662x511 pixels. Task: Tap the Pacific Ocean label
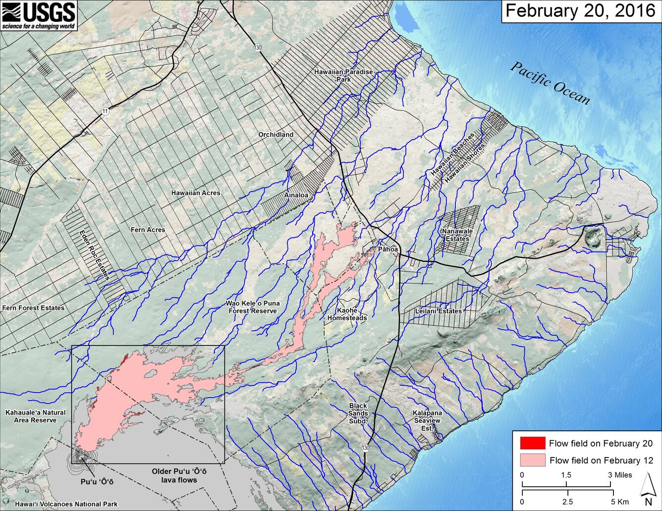(x=551, y=83)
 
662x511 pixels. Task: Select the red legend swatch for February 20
(x=532, y=443)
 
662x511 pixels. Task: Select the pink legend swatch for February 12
(x=532, y=460)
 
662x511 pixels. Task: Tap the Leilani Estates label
(x=439, y=311)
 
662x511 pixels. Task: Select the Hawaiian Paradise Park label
(x=343, y=75)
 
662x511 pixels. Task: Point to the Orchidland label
(x=276, y=134)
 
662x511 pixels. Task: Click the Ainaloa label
(x=296, y=195)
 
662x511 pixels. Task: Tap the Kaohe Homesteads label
(x=347, y=314)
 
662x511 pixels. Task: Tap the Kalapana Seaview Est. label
(x=427, y=420)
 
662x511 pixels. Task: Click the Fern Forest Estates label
(x=33, y=307)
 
